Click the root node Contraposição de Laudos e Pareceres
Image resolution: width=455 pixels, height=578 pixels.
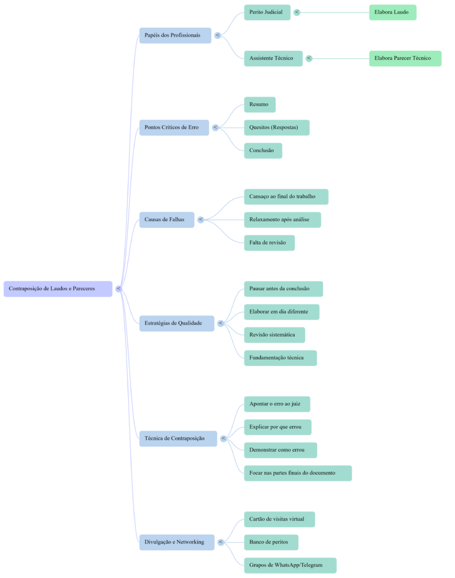[58, 288]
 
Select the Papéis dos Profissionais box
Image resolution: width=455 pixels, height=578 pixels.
[175, 35]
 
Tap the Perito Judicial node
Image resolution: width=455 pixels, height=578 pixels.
[267, 12]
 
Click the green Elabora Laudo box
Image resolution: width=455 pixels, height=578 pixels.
[392, 12]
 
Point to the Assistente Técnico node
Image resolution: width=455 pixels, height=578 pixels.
[273, 58]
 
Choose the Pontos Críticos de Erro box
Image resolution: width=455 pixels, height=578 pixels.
[174, 127]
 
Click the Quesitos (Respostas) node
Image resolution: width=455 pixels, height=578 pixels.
[277, 128]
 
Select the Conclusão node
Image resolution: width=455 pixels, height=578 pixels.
[263, 151]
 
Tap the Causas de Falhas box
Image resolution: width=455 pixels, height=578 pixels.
[167, 219]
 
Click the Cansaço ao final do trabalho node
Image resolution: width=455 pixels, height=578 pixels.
[286, 196]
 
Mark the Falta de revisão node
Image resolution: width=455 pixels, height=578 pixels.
[269, 243]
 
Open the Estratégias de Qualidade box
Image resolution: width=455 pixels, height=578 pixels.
[177, 323]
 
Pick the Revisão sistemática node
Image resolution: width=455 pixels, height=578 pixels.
[274, 335]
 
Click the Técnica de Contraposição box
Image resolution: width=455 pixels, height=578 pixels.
[178, 439]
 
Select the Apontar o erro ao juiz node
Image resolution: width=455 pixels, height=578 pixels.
[277, 404]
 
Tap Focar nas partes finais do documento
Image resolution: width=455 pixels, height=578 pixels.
[297, 473]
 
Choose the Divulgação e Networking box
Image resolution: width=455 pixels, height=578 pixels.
[177, 542]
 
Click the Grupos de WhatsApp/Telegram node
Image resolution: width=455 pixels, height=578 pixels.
[290, 565]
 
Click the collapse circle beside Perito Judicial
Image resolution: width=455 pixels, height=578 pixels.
[297, 12]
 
